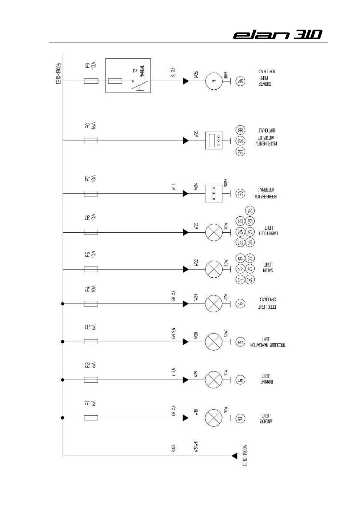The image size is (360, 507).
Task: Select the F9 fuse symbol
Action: coord(91,81)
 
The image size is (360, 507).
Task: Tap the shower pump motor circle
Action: coord(214,81)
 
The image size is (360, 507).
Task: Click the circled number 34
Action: coord(241,81)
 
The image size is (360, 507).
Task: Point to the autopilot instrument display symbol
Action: coord(214,140)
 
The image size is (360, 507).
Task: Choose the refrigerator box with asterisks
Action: coord(214,193)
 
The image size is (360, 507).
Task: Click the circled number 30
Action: coord(241,193)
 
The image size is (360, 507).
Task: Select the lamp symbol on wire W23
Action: coord(214,232)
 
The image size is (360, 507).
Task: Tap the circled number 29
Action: coord(250,211)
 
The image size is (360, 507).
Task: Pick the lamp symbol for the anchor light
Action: coord(214,418)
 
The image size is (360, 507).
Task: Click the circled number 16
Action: coord(240,304)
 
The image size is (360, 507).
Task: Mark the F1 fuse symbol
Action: coord(91,418)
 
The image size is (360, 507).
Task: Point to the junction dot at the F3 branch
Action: coord(63,342)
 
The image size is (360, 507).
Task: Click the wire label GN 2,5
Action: coord(173,333)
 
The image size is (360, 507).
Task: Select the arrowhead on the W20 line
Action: coord(186,342)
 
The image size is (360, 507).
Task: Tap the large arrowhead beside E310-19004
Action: coord(234,456)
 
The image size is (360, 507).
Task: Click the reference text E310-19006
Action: coord(59,73)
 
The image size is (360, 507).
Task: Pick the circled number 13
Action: coord(240,418)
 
